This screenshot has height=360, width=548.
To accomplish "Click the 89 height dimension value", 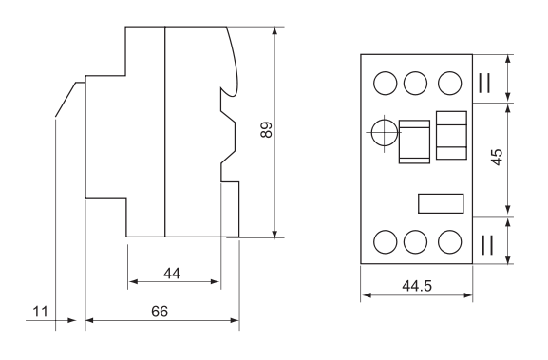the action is (x=266, y=130).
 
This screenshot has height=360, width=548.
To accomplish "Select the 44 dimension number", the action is (x=172, y=274).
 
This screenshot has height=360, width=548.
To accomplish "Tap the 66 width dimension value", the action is (x=160, y=311).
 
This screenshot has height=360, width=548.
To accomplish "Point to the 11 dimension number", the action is (x=40, y=311).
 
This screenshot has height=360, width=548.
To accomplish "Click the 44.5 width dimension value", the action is (x=417, y=286).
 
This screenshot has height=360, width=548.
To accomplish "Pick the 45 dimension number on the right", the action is (x=497, y=157).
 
